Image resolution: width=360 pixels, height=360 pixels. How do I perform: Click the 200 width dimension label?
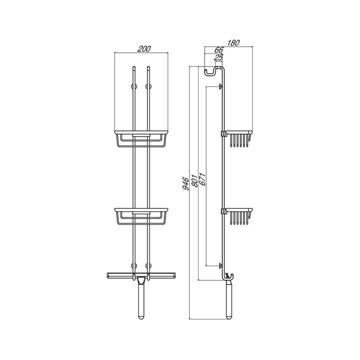[x=144, y=49]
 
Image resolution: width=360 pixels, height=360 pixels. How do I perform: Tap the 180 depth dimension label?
[x=233, y=43]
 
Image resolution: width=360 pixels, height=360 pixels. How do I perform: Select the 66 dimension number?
[x=219, y=50]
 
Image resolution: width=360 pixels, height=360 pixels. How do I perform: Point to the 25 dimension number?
[x=219, y=57]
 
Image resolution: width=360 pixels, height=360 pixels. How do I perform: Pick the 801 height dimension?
[x=194, y=181]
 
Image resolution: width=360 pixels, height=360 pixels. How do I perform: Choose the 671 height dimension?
[x=202, y=179]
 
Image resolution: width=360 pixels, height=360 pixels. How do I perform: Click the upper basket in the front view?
[x=141, y=139]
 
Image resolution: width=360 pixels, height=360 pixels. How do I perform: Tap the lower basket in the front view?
[x=141, y=216]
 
